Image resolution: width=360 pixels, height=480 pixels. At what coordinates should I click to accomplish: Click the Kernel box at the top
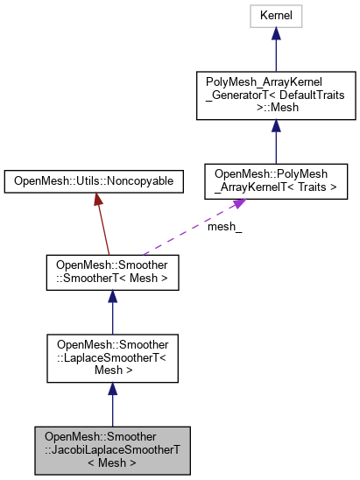pyautogui.click(x=275, y=15)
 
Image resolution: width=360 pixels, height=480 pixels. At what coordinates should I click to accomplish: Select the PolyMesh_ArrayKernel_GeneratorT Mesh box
pyautogui.click(x=275, y=97)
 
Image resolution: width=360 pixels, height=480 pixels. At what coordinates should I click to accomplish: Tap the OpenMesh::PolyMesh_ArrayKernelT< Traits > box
pyautogui.click(x=275, y=180)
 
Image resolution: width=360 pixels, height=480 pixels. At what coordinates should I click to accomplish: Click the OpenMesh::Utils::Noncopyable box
pyautogui.click(x=94, y=180)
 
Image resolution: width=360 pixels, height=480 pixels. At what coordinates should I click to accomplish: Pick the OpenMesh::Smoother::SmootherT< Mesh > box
pyautogui.click(x=112, y=273)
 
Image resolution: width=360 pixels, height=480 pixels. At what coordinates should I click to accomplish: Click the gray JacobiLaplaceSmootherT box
pyautogui.click(x=112, y=448)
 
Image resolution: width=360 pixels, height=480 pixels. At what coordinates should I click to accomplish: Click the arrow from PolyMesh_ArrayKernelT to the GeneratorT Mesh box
pyautogui.click(x=275, y=140)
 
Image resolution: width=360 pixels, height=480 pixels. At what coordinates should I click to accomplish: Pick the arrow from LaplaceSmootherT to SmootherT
pyautogui.click(x=112, y=313)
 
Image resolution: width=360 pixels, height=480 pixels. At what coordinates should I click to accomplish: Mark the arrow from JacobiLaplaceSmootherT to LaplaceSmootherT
pyautogui.click(x=112, y=403)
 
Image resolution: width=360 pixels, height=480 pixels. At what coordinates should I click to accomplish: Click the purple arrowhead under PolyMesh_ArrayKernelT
pyautogui.click(x=236, y=205)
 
